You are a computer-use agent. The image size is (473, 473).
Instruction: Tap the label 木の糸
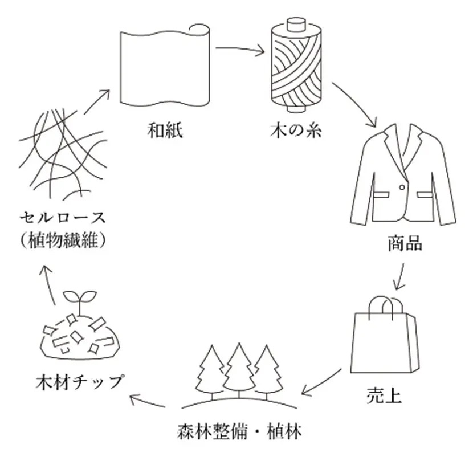(x=295, y=132)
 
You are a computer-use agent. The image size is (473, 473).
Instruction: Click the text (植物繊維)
(x=63, y=240)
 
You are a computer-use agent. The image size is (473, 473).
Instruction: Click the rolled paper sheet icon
(x=165, y=68)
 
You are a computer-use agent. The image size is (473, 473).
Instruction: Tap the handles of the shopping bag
(x=382, y=308)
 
